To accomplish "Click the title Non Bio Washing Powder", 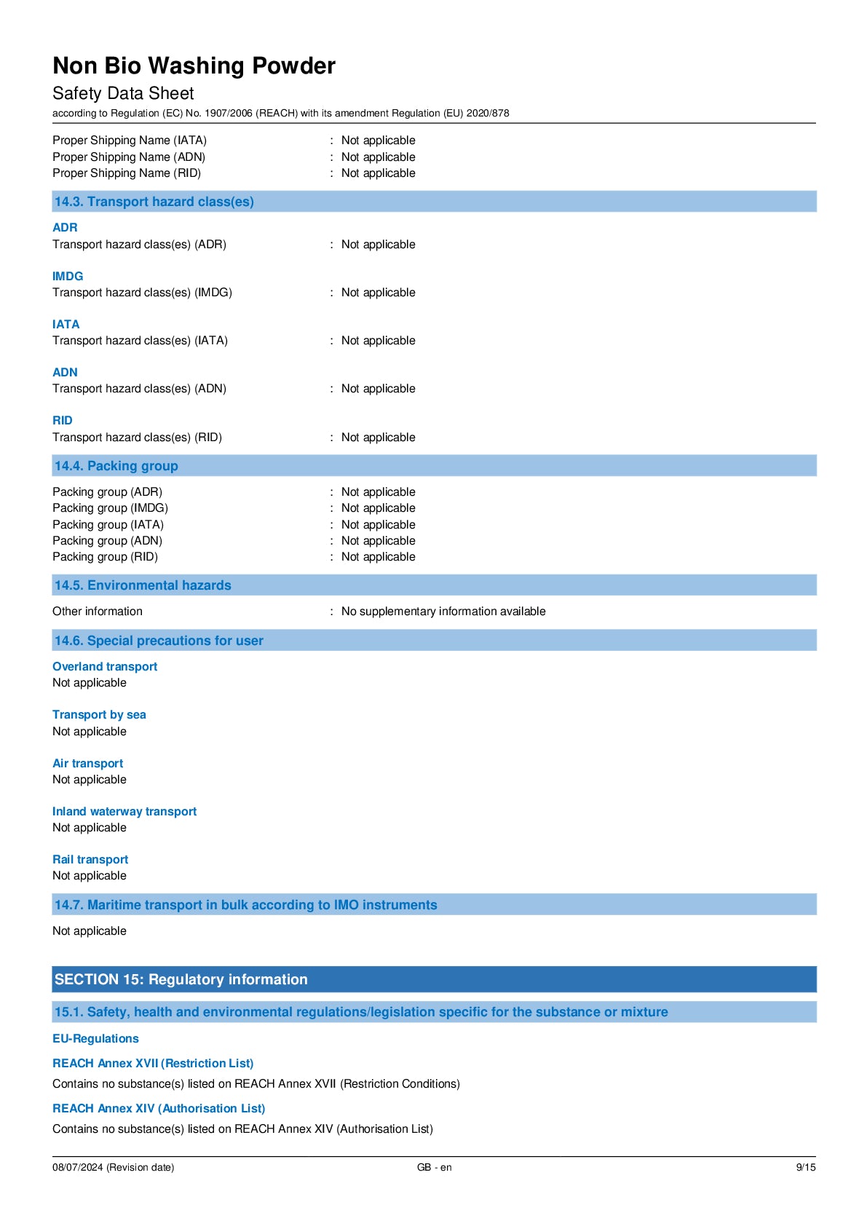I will tap(194, 66).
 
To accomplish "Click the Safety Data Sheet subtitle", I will tap(123, 93).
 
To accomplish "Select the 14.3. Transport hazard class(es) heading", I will tap(154, 202).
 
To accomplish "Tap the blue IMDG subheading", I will tap(68, 276).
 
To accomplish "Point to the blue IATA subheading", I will tap(66, 324).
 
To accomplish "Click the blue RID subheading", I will tap(63, 420).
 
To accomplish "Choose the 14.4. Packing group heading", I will tap(116, 466).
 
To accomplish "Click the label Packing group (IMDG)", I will tap(110, 508).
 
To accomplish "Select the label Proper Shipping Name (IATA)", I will tap(130, 141).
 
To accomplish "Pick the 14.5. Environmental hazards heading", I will tap(143, 585).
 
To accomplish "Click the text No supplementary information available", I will tap(443, 612).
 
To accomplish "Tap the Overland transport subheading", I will tap(105, 666).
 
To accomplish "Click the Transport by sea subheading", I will tap(99, 715).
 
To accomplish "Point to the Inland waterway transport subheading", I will tap(124, 811).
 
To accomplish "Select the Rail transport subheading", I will tap(90, 859).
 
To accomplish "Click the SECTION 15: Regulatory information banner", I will tap(181, 979).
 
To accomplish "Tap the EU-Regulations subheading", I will tap(95, 1038).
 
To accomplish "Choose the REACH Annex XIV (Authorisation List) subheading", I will tap(159, 1108).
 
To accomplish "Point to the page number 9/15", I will tap(805, 1167).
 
